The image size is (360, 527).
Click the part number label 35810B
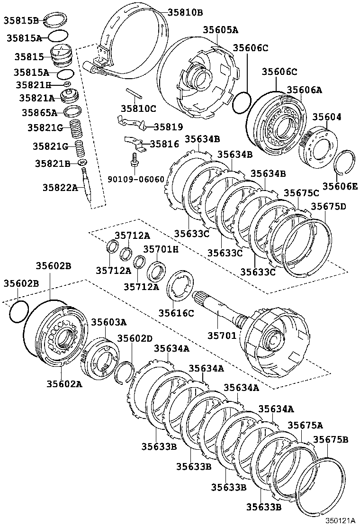(x=185, y=13)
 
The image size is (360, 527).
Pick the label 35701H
(x=161, y=249)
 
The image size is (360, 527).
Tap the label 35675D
(x=329, y=207)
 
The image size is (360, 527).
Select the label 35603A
(x=109, y=322)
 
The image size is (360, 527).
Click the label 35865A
(x=39, y=113)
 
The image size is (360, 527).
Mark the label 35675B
(x=330, y=439)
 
